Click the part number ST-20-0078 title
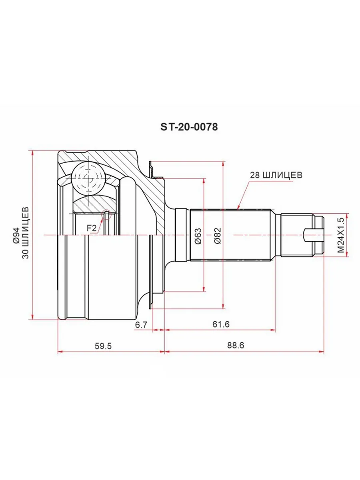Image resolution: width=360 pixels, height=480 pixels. tap(189, 127)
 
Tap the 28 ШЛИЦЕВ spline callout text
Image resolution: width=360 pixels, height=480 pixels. tap(276, 175)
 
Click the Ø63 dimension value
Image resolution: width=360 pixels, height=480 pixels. tap(198, 236)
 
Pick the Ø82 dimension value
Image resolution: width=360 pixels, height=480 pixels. tap(218, 236)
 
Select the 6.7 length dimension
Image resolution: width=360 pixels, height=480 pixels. tap(142, 325)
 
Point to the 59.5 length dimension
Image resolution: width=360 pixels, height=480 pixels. tap(103, 346)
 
